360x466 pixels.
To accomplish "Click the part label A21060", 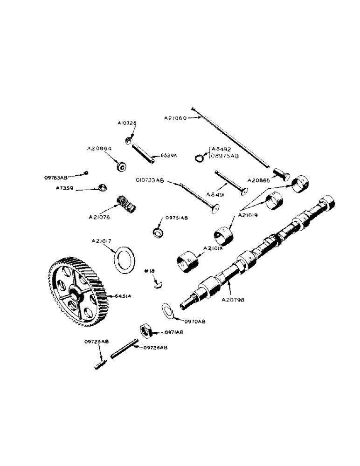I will (x=175, y=118).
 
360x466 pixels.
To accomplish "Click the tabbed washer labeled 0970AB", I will (x=167, y=310).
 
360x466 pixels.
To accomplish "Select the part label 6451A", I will (x=120, y=296).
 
